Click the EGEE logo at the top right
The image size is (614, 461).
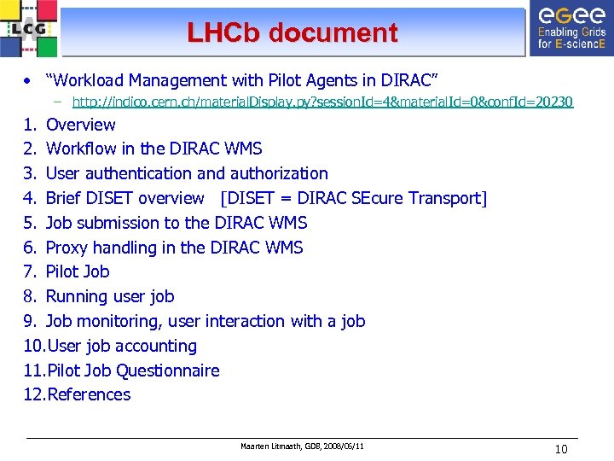click(x=571, y=29)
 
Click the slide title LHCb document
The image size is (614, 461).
click(x=293, y=33)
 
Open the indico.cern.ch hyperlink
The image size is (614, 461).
click(x=322, y=102)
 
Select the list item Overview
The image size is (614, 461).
click(x=80, y=125)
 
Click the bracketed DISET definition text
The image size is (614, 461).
click(x=354, y=198)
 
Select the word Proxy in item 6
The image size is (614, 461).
click(x=67, y=248)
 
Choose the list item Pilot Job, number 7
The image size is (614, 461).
click(x=78, y=272)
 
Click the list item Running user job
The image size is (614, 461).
click(x=109, y=297)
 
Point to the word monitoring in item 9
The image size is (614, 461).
click(x=118, y=322)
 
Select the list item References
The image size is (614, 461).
click(x=89, y=395)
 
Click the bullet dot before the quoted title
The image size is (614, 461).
click(x=29, y=81)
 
